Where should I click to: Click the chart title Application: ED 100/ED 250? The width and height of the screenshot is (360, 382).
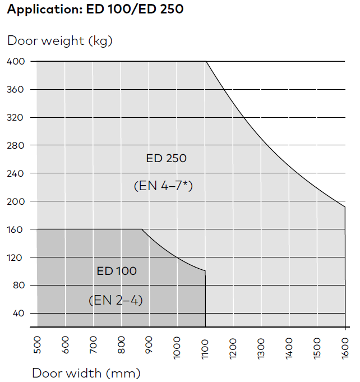[95, 10]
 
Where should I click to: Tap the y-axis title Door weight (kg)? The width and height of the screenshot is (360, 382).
[59, 40]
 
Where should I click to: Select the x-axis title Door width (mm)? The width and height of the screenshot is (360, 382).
[86, 373]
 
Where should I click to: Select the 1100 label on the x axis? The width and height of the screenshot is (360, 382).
[205, 347]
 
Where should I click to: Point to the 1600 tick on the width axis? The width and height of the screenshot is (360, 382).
[345, 347]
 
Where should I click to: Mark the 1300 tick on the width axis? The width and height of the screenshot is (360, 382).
[261, 347]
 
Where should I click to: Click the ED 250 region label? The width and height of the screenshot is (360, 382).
[166, 158]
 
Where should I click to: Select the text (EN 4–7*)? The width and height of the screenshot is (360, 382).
[163, 186]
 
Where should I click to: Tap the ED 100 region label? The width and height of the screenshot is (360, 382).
[117, 271]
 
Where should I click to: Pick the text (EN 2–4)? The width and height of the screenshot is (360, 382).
[116, 300]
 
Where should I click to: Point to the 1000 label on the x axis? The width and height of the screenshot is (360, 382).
[177, 347]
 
